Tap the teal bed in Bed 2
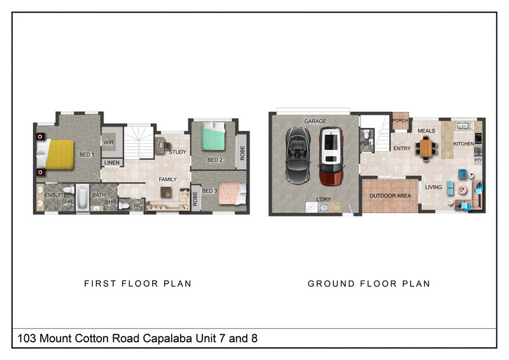[x=213, y=136]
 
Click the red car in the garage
[x=331, y=156]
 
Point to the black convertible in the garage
[x=298, y=155]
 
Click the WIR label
[x=108, y=142]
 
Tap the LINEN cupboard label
[x=112, y=163]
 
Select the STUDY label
[x=178, y=152]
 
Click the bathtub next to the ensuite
[x=82, y=197]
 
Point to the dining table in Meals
[x=426, y=148]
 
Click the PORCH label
[x=400, y=120]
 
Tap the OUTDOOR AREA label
[x=390, y=196]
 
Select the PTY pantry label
[x=478, y=160]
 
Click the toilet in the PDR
[x=366, y=134]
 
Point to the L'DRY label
[x=324, y=199]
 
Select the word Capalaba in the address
[x=167, y=338]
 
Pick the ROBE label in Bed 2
[x=242, y=153]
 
